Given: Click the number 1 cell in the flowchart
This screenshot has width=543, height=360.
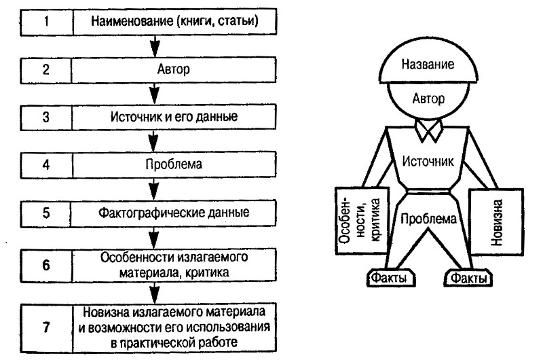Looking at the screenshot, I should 47,20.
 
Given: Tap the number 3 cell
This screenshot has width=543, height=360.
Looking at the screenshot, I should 47,115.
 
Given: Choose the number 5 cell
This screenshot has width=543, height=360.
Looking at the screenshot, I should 47,212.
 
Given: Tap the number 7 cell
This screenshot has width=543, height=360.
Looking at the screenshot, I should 47,326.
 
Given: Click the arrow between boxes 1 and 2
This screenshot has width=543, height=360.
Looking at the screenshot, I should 155,46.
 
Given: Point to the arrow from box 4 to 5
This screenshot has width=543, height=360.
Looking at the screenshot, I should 155,188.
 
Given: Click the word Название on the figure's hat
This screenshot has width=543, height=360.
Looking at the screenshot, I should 428,65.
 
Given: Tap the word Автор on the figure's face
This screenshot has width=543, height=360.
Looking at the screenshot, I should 428,99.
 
